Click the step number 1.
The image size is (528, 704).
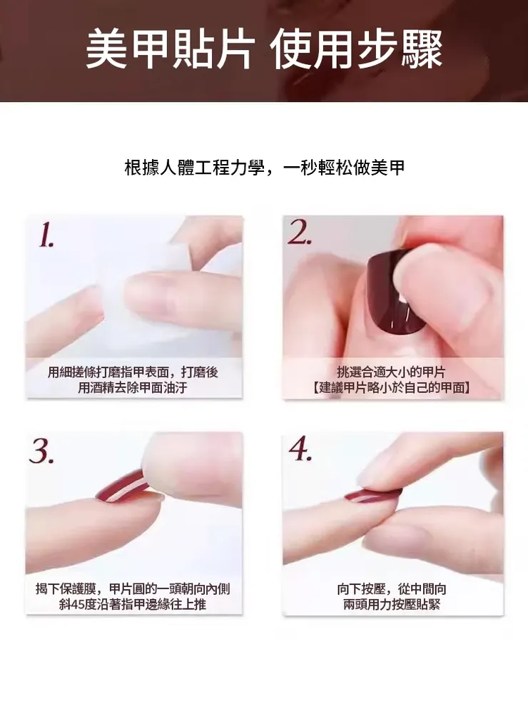46,235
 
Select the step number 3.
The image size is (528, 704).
41,452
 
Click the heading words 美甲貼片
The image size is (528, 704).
170,49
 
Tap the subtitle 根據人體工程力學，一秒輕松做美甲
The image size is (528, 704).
265,168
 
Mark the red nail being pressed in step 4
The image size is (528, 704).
372,495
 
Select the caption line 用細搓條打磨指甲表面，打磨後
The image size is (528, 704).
133,372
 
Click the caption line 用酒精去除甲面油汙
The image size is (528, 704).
133,387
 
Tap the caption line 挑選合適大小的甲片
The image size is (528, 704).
391,372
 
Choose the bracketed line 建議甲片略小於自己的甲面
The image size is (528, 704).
391,387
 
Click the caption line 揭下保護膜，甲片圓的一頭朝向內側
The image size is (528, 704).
133,588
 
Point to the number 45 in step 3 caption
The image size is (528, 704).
78,604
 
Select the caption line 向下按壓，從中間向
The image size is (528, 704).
392,588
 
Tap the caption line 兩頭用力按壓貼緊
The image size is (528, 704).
392,604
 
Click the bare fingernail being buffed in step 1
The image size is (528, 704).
151,294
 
